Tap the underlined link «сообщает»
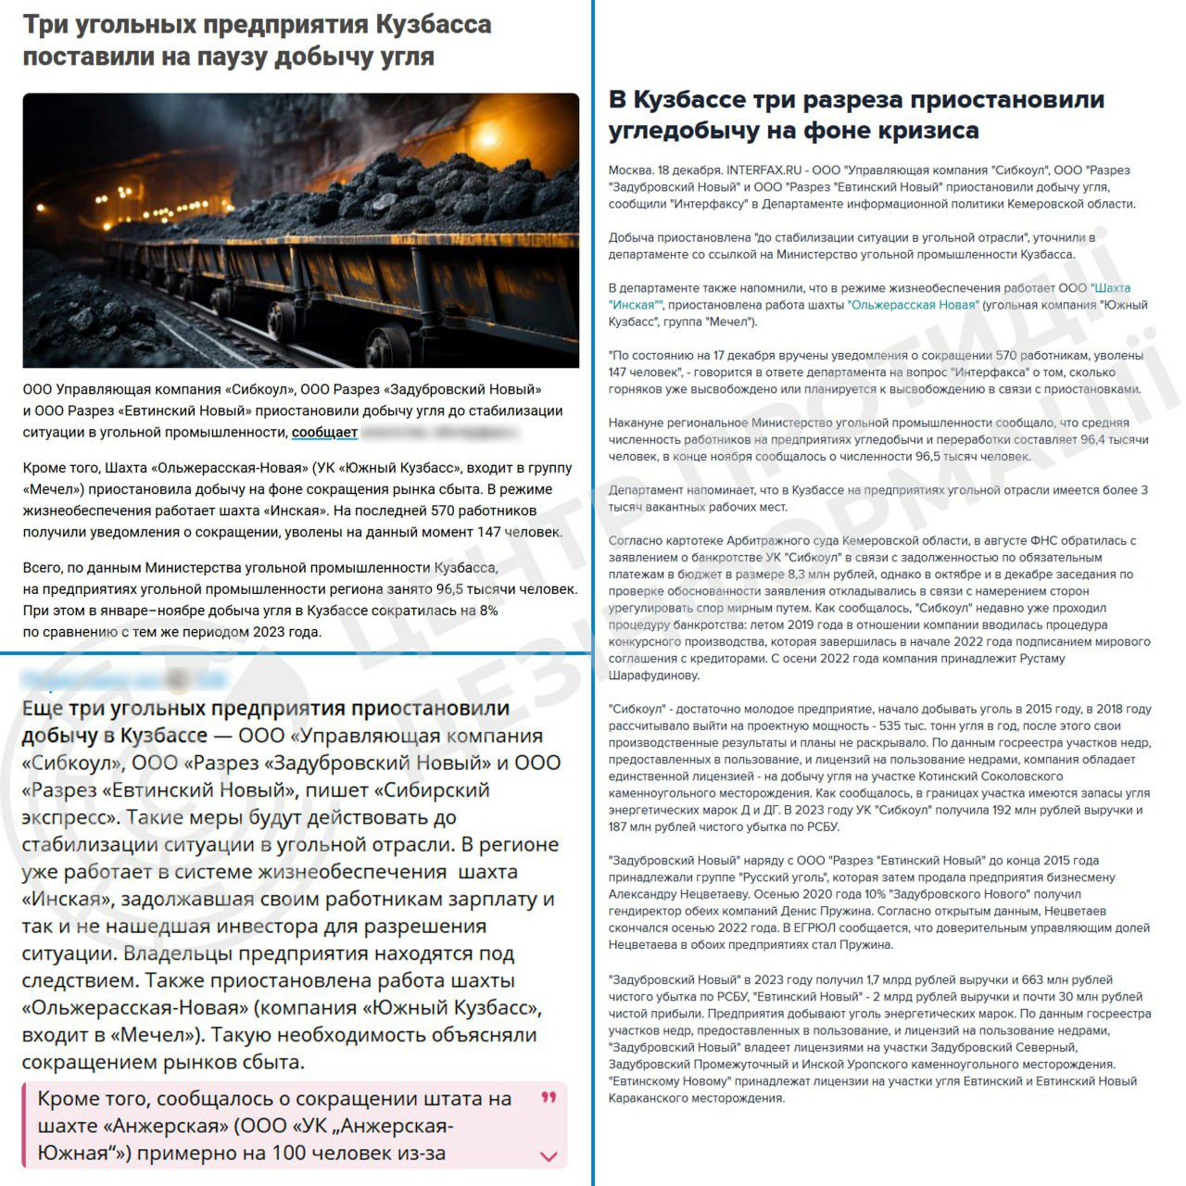(x=324, y=433)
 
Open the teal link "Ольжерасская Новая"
(x=913, y=305)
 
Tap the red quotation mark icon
(x=549, y=1098)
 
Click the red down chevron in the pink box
(x=549, y=1155)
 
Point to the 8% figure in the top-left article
(x=488, y=611)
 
